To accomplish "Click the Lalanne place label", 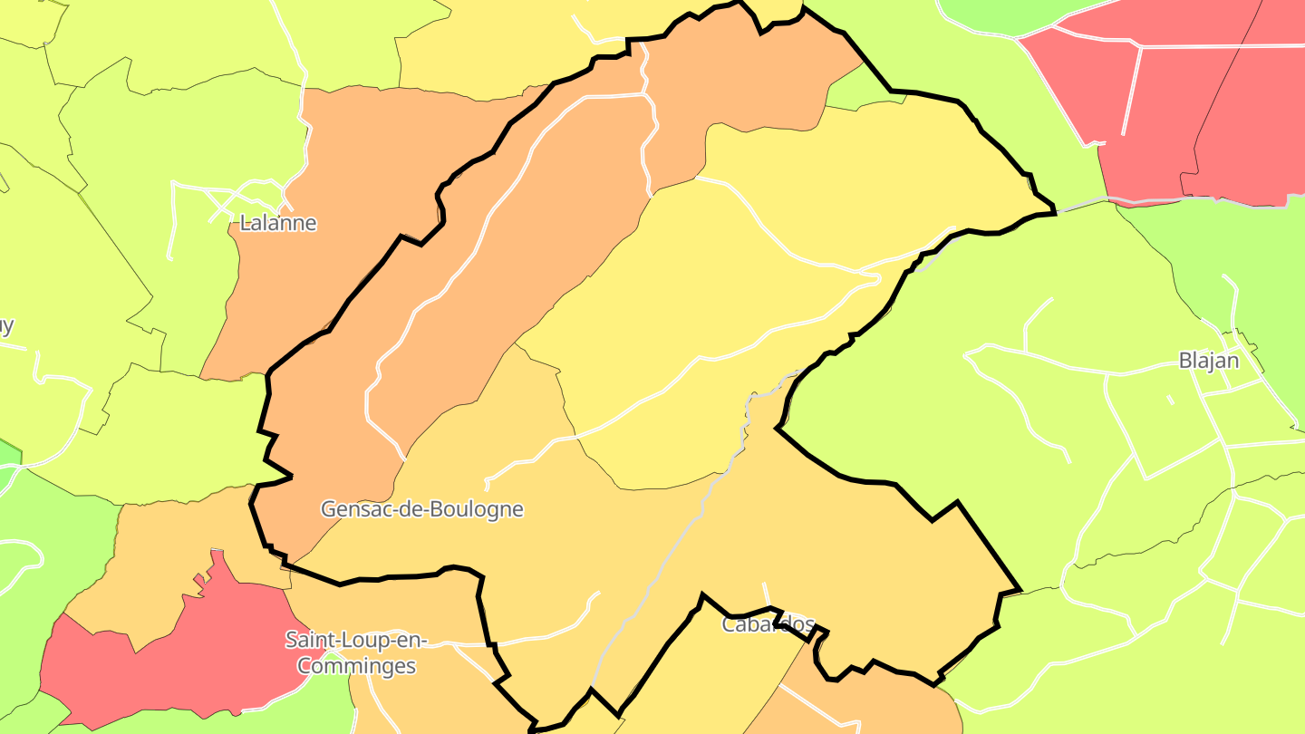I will pyautogui.click(x=278, y=223).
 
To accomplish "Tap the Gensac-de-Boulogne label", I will pyautogui.click(x=422, y=509).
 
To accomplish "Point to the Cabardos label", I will pyautogui.click(x=768, y=625).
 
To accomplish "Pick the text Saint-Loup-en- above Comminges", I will pyautogui.click(x=356, y=640).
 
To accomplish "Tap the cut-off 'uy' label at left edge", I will pyautogui.click(x=6, y=326).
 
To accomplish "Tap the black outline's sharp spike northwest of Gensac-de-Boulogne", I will pyautogui.click(x=288, y=475).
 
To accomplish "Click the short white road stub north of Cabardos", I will pyautogui.click(x=766, y=594).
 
